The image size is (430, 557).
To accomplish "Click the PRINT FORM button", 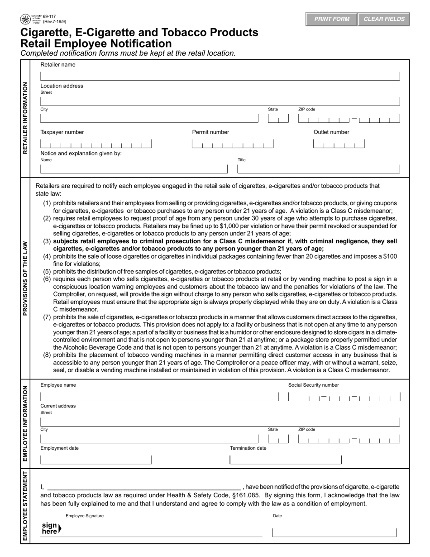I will (332, 19).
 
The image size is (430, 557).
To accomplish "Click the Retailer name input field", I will (220, 75).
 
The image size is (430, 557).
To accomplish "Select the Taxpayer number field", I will (96, 144).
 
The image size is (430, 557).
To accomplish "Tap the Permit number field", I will (233, 144).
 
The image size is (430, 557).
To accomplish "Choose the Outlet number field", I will (339, 144).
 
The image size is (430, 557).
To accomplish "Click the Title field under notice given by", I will (319, 169).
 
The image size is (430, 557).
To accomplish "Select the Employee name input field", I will (159, 397).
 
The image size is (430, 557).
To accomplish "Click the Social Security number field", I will (344, 398).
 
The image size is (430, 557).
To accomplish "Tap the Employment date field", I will (96, 460).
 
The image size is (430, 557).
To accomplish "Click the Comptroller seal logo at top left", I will (25, 19).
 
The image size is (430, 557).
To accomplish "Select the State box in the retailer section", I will (278, 119).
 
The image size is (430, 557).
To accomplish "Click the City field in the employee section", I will (149, 439).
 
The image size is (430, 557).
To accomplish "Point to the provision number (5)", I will (47, 272).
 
